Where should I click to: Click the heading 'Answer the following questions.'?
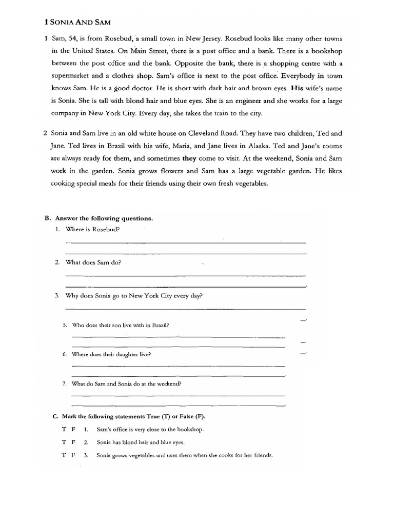pyautogui.click(x=103, y=218)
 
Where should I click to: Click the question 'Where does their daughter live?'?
pyautogui.click(x=111, y=354)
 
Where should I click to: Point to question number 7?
pyautogui.click(x=65, y=383)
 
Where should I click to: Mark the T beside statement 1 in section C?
pyautogui.click(x=64, y=429)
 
